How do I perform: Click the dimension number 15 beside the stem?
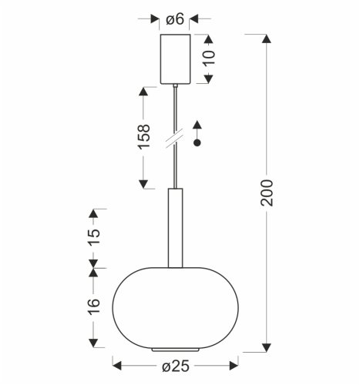(x=93, y=233)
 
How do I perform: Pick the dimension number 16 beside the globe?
(x=93, y=306)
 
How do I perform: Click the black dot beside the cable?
(x=197, y=143)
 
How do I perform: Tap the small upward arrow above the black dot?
(x=197, y=125)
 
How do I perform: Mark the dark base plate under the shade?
(x=176, y=350)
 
